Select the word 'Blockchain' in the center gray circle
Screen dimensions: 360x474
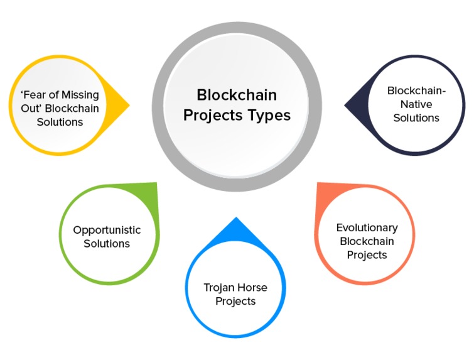(237, 95)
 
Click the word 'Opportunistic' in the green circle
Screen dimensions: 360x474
(107, 230)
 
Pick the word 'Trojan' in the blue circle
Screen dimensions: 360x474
(219, 288)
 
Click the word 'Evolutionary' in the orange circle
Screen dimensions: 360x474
(367, 227)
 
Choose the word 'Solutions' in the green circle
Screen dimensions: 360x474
(107, 243)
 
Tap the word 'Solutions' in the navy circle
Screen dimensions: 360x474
(416, 117)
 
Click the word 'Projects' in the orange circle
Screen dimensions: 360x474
(367, 254)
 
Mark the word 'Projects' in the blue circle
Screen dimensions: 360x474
(235, 301)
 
